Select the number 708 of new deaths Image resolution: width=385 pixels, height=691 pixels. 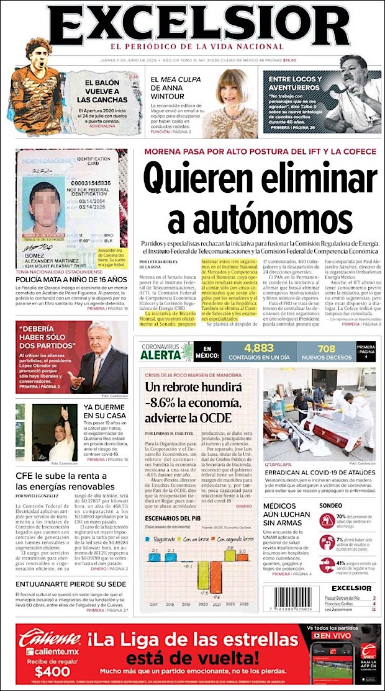[327, 349]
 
